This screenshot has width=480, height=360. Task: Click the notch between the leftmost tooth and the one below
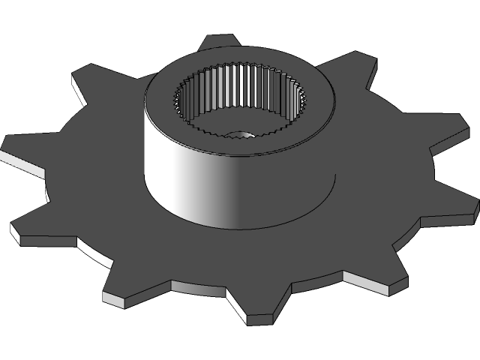pyautogui.click(x=52, y=187)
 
